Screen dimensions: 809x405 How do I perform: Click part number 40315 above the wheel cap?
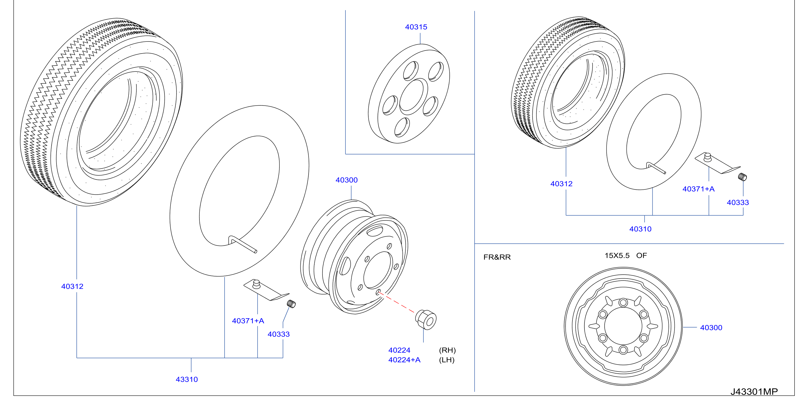[x=416, y=27]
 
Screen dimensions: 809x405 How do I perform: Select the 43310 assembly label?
[x=187, y=379]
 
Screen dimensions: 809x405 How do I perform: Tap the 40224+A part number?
[x=404, y=360]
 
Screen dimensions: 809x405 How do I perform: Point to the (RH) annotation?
[x=447, y=350]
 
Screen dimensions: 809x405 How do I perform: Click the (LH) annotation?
[x=447, y=360]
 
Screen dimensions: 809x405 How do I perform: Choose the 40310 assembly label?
[x=640, y=229]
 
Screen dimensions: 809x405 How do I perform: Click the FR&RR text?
[x=497, y=257]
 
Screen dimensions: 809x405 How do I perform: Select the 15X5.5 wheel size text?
[x=617, y=255]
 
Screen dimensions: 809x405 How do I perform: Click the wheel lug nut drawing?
[x=426, y=320]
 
